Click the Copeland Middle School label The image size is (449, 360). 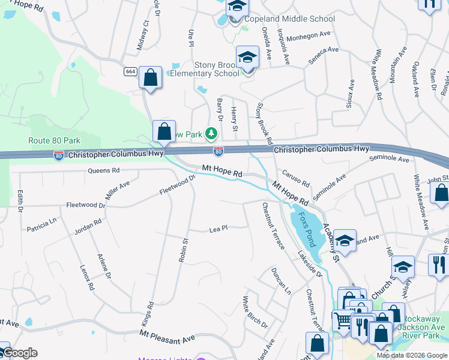[289, 19]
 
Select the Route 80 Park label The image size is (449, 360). [54, 140]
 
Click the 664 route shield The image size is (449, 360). [130, 71]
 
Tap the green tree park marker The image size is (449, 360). [211, 133]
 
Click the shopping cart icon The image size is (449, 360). [342, 320]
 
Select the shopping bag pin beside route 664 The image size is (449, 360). [150, 77]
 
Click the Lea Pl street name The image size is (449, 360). [218, 229]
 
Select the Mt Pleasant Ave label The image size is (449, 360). [167, 337]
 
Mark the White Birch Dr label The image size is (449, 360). [255, 311]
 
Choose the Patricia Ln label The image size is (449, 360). [41, 225]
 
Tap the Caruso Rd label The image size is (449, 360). [296, 178]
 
